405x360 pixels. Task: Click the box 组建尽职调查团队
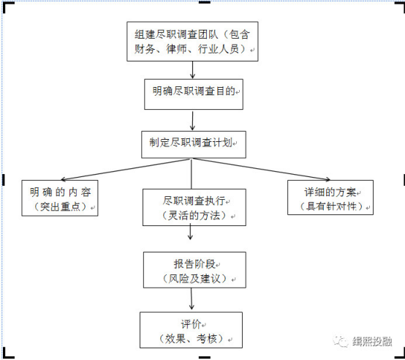pyautogui.click(x=192, y=42)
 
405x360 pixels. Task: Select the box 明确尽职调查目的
pyautogui.click(x=194, y=94)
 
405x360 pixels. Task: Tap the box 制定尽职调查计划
pyautogui.click(x=194, y=144)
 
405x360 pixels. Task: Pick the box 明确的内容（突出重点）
pyautogui.click(x=60, y=198)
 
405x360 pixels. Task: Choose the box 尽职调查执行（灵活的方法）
pyautogui.click(x=194, y=207)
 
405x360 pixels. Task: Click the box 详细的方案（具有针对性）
pyautogui.click(x=330, y=198)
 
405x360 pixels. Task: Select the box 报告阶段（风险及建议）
pyautogui.click(x=194, y=270)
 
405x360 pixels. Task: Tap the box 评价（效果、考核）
pyautogui.click(x=191, y=330)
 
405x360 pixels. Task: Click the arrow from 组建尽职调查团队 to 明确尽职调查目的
pyautogui.click(x=192, y=70)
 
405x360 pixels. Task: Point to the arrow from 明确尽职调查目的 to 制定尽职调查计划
pyautogui.click(x=192, y=121)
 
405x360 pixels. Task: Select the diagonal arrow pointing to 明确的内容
pyautogui.click(x=126, y=169)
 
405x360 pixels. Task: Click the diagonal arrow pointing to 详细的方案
pyautogui.click(x=262, y=169)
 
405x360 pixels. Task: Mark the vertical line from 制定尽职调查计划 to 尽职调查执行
pyautogui.click(x=192, y=173)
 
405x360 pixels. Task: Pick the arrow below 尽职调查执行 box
pyautogui.click(x=190, y=232)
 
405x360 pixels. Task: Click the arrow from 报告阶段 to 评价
pyautogui.click(x=192, y=299)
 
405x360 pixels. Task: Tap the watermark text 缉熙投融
pyautogui.click(x=372, y=342)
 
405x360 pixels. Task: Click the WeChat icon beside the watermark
pyautogui.click(x=341, y=341)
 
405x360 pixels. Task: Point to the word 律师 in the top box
pyautogui.click(x=176, y=49)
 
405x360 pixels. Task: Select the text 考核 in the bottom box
pyautogui.click(x=207, y=339)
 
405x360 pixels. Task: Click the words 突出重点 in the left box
pyautogui.click(x=60, y=206)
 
